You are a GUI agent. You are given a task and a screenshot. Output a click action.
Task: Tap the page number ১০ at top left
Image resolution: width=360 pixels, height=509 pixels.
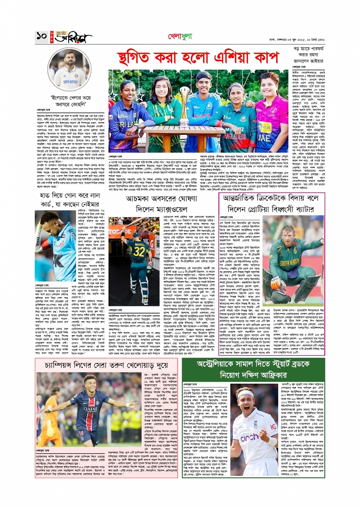(x=41, y=37)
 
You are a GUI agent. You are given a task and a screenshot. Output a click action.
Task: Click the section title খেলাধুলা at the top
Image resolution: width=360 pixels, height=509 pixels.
(x=180, y=37)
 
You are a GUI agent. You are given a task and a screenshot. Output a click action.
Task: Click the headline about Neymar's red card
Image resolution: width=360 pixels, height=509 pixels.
(x=70, y=200)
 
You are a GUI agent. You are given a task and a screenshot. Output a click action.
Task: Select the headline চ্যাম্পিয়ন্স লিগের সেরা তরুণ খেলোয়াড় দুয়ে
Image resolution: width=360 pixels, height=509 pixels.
(x=106, y=365)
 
